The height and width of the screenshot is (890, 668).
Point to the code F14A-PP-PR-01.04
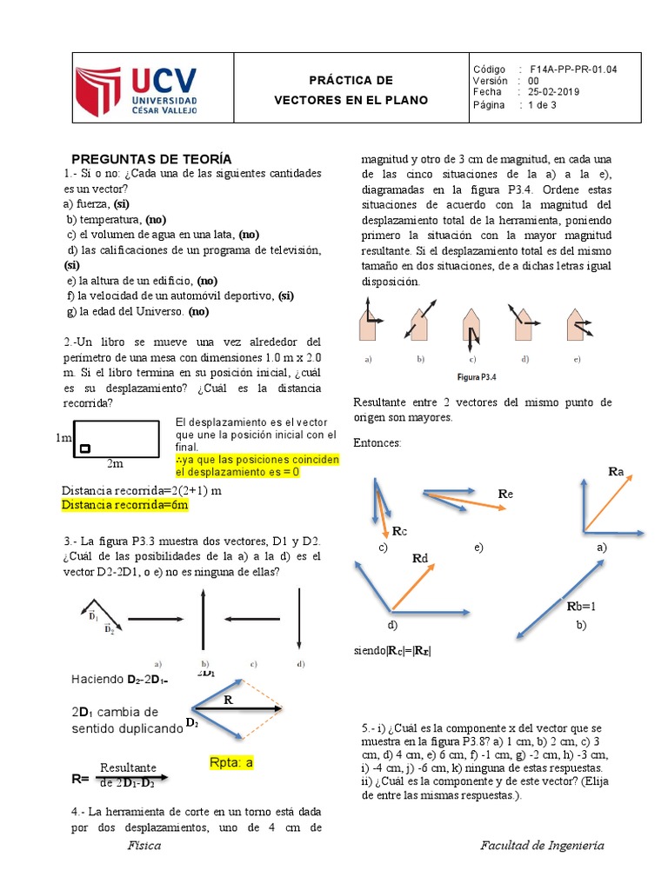point(573,69)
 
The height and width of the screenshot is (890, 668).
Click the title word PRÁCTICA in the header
point(351,81)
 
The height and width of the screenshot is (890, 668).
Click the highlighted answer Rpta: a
point(231,762)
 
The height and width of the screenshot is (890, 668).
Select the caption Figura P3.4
point(476,376)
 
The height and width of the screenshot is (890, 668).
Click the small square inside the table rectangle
point(85,448)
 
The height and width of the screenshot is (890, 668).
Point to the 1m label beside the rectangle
point(63,439)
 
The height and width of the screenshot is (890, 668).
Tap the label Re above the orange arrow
point(505,494)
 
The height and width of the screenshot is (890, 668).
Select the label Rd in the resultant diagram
point(419,558)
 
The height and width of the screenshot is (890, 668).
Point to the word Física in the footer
point(144,846)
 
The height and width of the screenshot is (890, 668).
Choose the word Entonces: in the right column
point(377,443)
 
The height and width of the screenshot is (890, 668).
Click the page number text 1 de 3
point(543,105)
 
